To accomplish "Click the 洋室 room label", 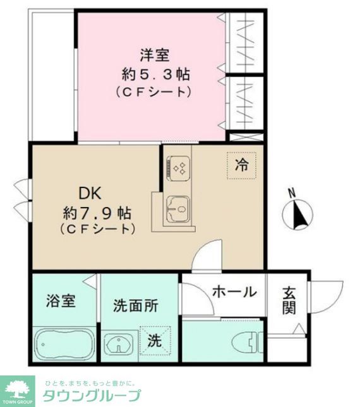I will pos(151,55).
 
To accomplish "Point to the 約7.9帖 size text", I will pos(97,211).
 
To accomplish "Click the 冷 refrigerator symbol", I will pos(241,165).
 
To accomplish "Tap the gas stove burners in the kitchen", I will pos(178,168).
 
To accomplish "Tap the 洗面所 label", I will pos(135,305).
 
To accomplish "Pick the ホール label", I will pos(234,292).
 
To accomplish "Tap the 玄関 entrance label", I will pos(289,300).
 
